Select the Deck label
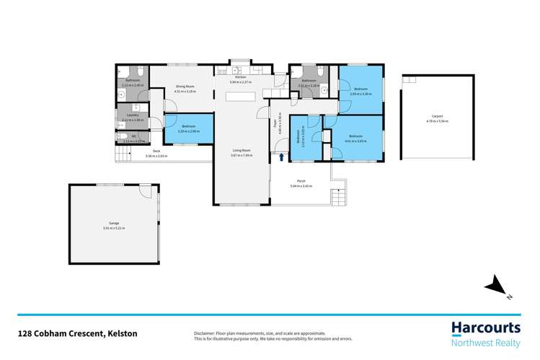156,152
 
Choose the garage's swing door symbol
146,191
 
